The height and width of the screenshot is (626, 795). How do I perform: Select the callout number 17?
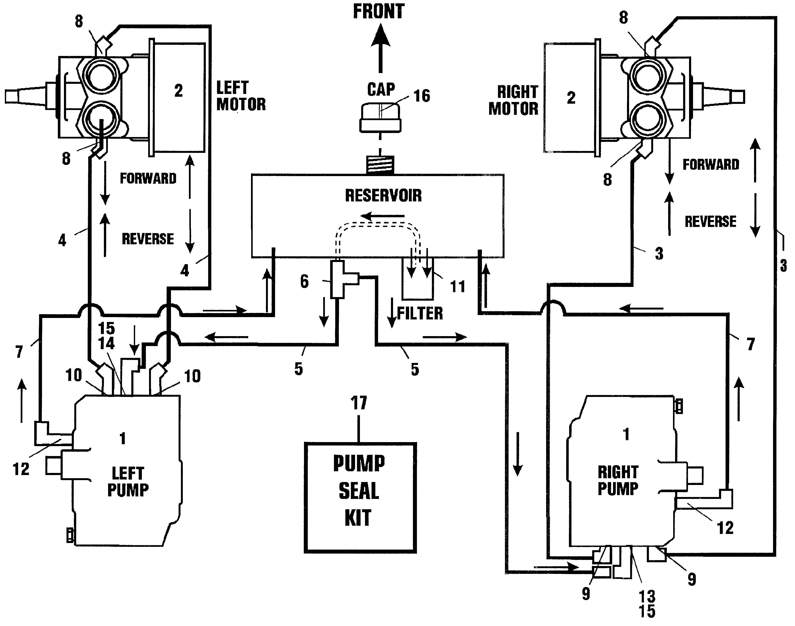pos(359,403)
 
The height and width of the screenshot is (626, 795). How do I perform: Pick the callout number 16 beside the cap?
pos(422,96)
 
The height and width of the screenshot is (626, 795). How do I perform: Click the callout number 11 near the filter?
pos(458,286)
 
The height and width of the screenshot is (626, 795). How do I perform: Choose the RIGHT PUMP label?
pos(618,480)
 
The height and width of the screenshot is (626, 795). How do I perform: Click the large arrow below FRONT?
pos(380,48)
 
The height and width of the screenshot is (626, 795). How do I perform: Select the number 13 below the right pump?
pos(647,596)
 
